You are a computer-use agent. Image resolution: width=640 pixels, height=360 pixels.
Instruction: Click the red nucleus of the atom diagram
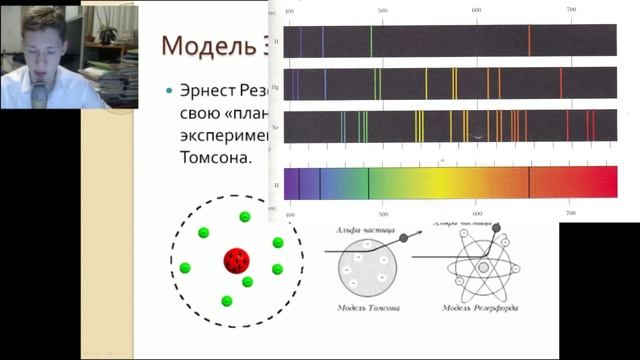238,263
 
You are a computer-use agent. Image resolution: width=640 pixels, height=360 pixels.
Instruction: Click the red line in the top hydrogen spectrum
529,40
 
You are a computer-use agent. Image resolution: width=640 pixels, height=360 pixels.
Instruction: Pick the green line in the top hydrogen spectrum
370,40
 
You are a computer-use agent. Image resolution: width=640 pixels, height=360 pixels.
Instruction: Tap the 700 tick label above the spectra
571,10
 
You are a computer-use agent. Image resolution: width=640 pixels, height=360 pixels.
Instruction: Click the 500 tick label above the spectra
382,10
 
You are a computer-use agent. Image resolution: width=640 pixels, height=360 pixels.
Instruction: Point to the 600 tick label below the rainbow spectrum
477,213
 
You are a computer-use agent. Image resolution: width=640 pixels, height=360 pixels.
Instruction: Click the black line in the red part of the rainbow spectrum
529,183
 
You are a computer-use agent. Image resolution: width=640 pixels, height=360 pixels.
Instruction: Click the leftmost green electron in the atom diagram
185,268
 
